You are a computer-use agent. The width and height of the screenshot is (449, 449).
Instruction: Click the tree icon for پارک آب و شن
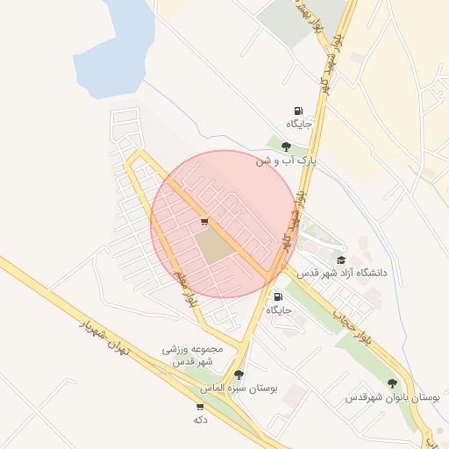[x=287, y=146]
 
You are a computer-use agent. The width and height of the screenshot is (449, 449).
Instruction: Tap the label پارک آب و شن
[x=286, y=161]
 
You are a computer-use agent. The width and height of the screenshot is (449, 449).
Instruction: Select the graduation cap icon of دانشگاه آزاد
[x=341, y=260]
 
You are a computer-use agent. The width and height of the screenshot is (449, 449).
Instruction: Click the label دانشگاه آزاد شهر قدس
[x=342, y=274]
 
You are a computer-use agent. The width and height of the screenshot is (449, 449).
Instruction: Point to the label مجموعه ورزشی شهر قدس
[x=193, y=354]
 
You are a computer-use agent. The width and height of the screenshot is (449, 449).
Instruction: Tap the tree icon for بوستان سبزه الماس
[x=239, y=374]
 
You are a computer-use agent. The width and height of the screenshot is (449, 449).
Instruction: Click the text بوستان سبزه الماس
[x=239, y=388]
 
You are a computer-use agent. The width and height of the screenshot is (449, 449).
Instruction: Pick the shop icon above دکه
[x=200, y=407]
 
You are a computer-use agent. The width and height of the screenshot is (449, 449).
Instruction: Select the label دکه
[x=200, y=420]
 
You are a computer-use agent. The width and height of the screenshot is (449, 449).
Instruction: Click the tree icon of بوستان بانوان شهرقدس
[x=392, y=383]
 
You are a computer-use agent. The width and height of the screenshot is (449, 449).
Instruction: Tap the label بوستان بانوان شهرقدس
[x=393, y=397]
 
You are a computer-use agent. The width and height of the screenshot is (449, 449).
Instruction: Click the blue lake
[x=118, y=48]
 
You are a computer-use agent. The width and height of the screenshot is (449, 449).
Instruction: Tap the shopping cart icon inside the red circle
[x=204, y=222]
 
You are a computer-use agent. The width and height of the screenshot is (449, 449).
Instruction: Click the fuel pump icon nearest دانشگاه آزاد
[x=279, y=297]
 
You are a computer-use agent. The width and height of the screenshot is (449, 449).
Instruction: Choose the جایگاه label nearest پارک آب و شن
[x=298, y=124]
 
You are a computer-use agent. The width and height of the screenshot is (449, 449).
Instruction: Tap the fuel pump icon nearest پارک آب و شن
[x=298, y=111]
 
